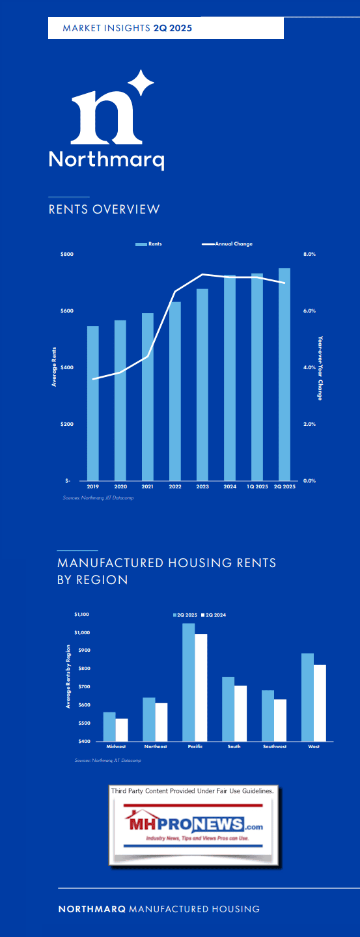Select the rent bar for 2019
tap(93, 403)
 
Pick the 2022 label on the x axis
tap(175, 486)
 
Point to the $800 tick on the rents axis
tap(66, 254)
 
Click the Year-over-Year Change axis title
tap(320, 368)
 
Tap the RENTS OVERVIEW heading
tap(104, 209)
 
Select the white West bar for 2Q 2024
tap(320, 703)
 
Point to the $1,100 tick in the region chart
tap(81, 614)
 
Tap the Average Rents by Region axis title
tap(68, 676)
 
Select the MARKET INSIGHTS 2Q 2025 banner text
tap(127, 28)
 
